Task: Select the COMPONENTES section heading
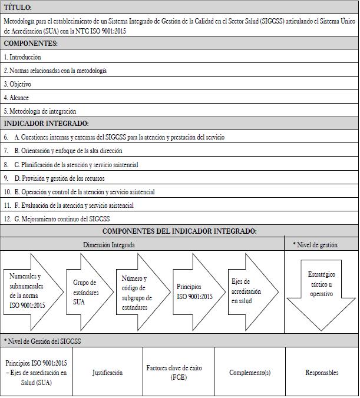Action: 31,44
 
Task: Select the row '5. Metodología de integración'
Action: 40,111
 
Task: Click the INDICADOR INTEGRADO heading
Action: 47,124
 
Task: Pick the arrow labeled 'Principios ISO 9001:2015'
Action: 194,291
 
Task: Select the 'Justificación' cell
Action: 108,372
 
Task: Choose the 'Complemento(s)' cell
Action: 250,372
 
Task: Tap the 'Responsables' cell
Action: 322,372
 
